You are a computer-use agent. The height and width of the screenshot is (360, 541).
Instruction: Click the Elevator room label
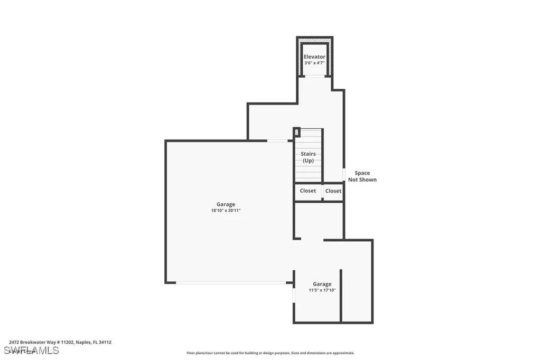tap(314, 56)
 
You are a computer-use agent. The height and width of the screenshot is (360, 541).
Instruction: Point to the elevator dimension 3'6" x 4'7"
tap(314, 63)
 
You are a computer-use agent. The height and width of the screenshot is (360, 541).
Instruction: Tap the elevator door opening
tap(314, 77)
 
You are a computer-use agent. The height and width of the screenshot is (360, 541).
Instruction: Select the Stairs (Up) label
tap(308, 157)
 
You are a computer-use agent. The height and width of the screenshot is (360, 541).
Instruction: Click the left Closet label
tap(307, 191)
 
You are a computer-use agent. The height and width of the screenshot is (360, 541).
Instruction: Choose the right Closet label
tap(333, 191)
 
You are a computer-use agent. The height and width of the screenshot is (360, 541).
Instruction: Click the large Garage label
tap(226, 204)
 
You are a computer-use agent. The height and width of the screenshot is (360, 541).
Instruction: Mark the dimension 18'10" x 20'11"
tap(226, 211)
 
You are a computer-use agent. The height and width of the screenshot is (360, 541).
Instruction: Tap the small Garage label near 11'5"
tap(322, 284)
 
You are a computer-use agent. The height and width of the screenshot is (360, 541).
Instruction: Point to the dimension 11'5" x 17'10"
tap(322, 290)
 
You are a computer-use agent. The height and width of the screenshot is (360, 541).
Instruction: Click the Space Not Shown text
tap(362, 176)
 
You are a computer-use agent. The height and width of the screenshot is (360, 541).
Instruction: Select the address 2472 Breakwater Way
tap(60, 342)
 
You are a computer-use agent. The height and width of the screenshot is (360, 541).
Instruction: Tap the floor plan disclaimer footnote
tap(270, 353)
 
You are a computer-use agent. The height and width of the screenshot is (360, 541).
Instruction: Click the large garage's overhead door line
tap(231, 283)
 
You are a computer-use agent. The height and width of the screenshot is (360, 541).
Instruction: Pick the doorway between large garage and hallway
tap(277, 140)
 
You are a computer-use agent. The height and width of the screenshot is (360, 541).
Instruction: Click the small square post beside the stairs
tap(296, 132)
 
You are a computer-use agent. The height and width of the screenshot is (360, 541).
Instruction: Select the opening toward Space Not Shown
tap(344, 174)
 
